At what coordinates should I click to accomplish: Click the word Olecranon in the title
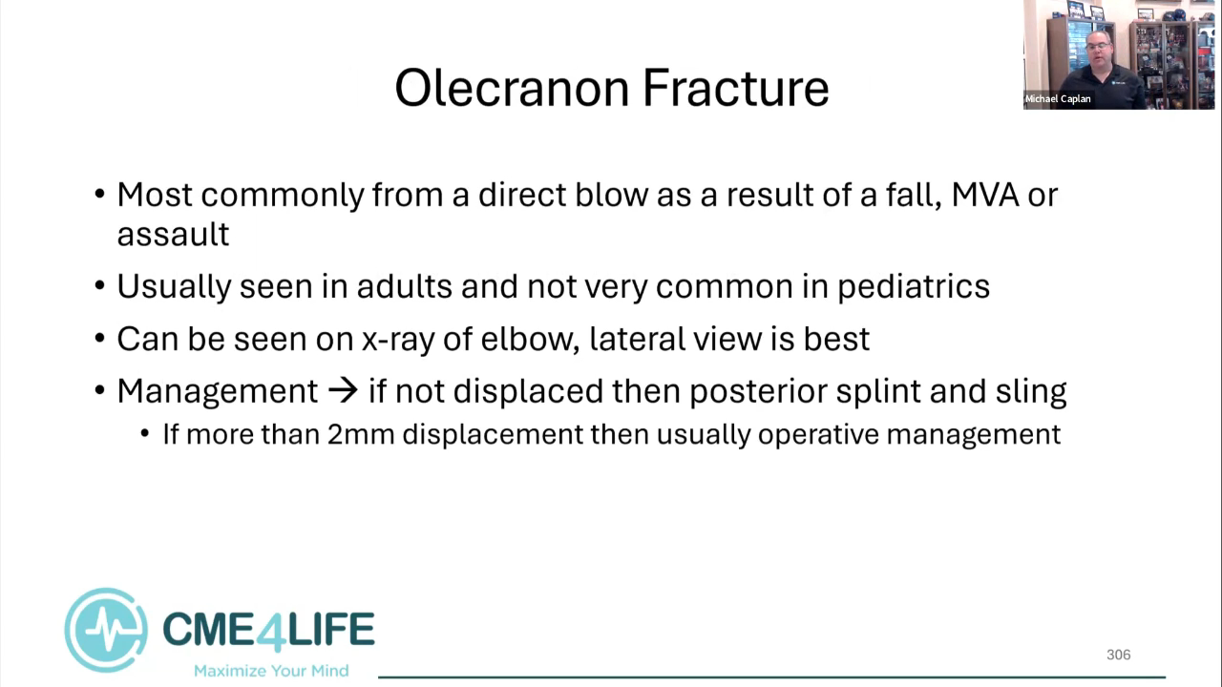(512, 89)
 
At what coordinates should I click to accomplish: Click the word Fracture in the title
(736, 89)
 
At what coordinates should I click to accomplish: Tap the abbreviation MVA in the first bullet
(985, 195)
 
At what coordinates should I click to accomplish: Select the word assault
(173, 235)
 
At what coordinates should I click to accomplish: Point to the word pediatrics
(914, 287)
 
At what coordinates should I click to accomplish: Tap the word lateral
(637, 339)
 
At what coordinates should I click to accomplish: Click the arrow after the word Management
(343, 391)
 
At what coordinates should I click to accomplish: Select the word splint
(877, 391)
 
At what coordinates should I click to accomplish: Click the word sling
(1031, 391)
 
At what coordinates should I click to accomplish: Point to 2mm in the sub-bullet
(361, 434)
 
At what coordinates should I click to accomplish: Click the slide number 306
(1118, 655)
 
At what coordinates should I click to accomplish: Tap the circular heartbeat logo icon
(106, 630)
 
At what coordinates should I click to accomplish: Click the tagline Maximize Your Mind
(271, 671)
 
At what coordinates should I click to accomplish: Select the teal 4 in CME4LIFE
(268, 632)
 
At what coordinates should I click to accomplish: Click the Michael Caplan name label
(1058, 98)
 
